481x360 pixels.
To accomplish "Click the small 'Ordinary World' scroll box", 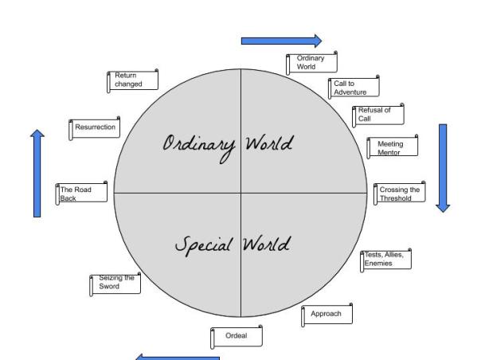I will coord(312,64).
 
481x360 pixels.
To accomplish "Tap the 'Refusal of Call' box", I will coord(377,115).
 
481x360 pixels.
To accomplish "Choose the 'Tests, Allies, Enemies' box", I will coord(386,259).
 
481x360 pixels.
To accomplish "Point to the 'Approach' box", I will coord(326,315).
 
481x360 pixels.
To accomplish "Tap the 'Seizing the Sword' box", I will coord(115,284).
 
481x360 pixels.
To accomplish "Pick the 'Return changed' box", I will coord(131,80).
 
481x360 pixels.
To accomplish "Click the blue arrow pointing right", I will coord(281,41).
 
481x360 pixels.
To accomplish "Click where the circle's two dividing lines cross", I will coord(241,192).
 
